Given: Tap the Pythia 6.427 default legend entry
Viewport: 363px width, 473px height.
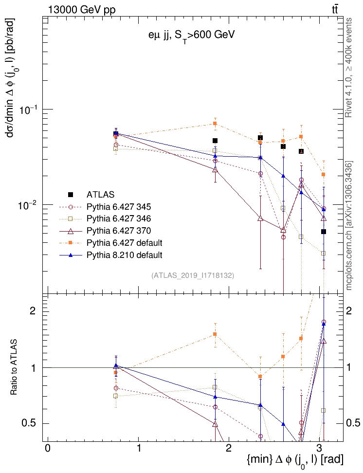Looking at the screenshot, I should click(124, 242).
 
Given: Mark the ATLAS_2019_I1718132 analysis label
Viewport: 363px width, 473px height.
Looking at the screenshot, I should click(193, 275).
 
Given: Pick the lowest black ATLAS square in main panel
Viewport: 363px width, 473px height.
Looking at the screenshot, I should click(324, 232).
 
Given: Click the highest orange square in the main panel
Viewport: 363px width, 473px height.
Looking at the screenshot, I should click(215, 124).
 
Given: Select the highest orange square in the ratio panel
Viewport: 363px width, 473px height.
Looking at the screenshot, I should click(215, 334).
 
